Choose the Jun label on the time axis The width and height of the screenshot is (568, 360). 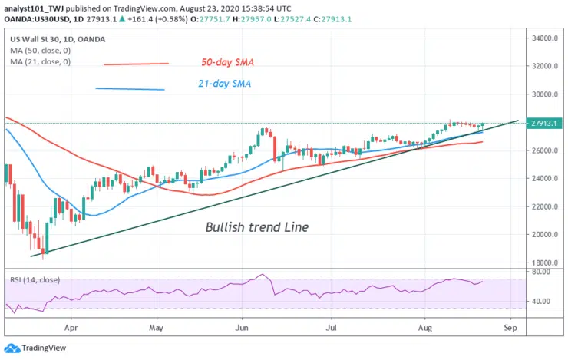click(242, 325)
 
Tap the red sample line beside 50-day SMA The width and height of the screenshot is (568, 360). click(135, 64)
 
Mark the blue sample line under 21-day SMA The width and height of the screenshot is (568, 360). click(130, 89)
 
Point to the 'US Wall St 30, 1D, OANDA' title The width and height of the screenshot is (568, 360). click(59, 39)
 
